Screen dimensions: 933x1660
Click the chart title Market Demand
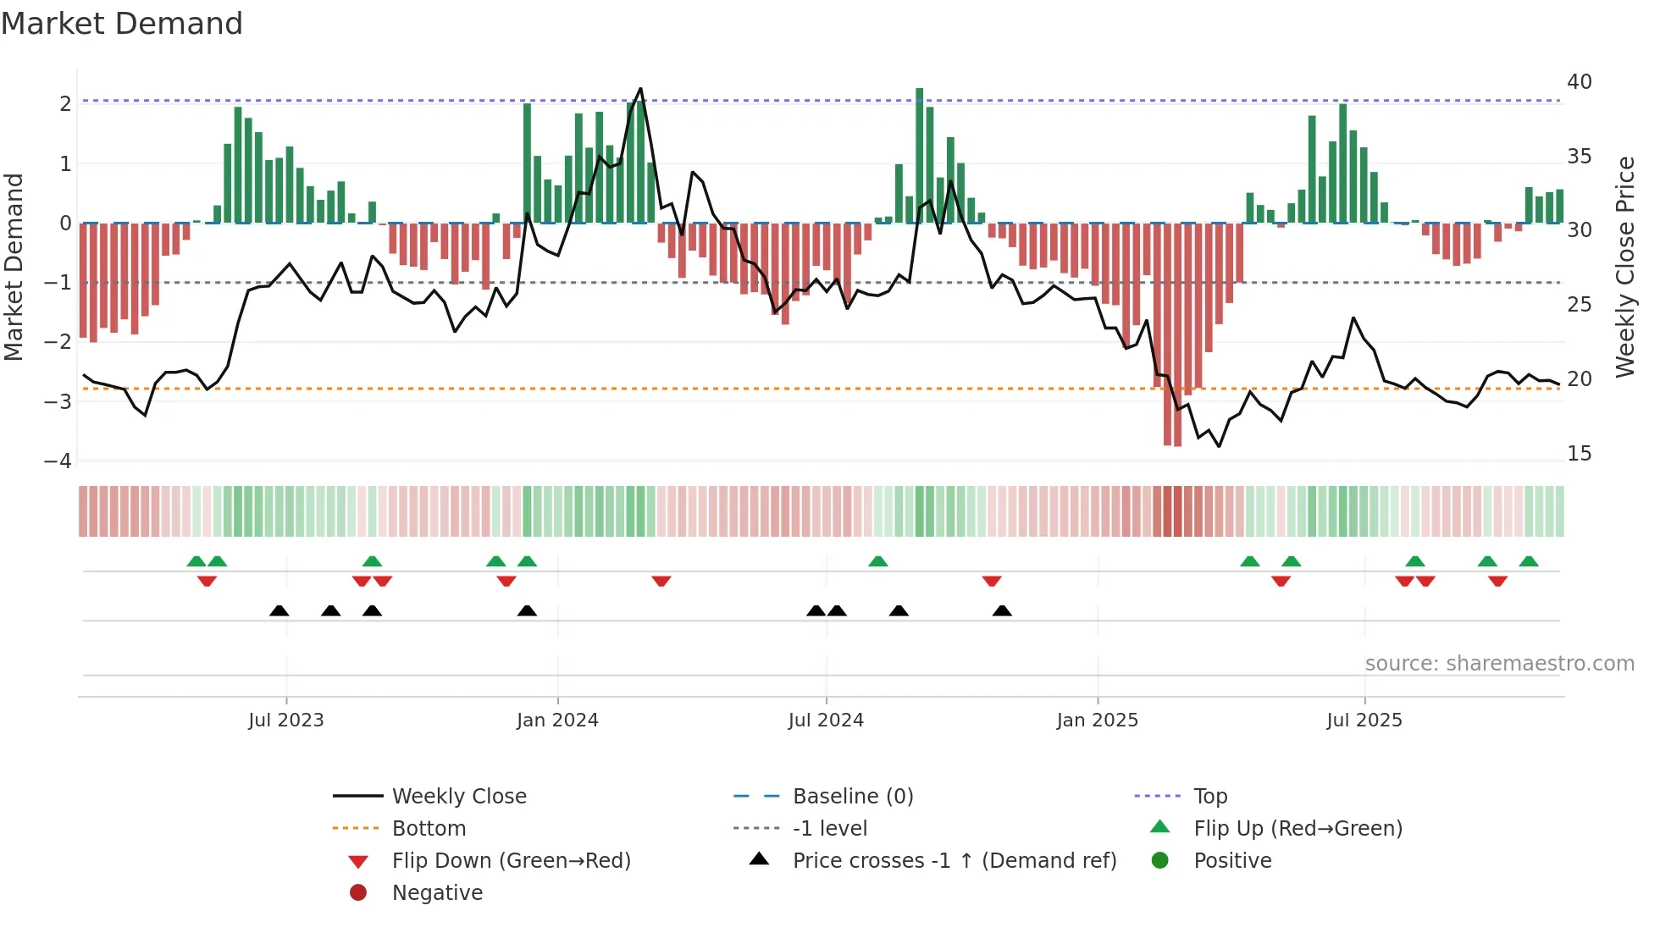click(x=122, y=24)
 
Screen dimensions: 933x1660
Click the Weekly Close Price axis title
click(x=1624, y=267)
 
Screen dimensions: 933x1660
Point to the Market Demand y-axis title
click(x=14, y=267)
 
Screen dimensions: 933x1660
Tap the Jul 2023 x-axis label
click(x=286, y=720)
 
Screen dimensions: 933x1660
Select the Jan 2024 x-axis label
click(x=557, y=720)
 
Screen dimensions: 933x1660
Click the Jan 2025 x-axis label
click(x=1097, y=720)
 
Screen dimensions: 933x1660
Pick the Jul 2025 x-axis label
click(x=1364, y=720)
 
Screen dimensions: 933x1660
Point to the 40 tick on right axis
click(x=1579, y=82)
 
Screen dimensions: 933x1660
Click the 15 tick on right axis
click(x=1579, y=454)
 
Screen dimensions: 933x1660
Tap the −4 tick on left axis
click(x=58, y=461)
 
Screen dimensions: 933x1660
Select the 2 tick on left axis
click(x=65, y=104)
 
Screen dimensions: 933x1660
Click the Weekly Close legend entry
click(x=458, y=797)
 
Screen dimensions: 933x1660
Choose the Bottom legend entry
click(x=429, y=829)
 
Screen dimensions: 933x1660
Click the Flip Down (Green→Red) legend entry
click(x=511, y=861)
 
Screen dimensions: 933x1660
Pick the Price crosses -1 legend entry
click(x=954, y=861)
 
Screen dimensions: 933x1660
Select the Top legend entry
click(x=1209, y=797)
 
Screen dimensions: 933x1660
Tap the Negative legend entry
click(x=437, y=893)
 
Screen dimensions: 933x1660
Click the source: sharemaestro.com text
click(x=1499, y=664)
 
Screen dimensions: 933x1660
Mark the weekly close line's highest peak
click(x=640, y=89)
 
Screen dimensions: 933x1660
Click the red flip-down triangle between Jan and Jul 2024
click(x=661, y=582)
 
